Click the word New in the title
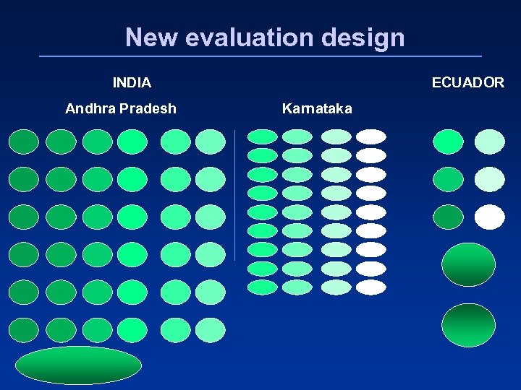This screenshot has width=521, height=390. (151, 37)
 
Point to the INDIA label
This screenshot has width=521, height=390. (132, 83)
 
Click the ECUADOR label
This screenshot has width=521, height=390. (467, 83)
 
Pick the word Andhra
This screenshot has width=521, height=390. (90, 109)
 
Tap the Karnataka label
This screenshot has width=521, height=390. (317, 109)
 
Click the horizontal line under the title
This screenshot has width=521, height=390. (260, 56)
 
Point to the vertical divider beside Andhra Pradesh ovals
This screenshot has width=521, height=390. (235, 195)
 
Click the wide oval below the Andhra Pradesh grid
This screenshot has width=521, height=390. (78, 365)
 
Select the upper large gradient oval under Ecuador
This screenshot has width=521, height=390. (468, 264)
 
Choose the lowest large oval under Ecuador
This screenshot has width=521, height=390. (468, 325)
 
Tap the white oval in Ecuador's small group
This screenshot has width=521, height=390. (489, 217)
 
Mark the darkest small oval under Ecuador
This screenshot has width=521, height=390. (447, 217)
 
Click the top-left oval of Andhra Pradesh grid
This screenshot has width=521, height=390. (23, 142)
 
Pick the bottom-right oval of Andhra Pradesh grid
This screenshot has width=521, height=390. (211, 330)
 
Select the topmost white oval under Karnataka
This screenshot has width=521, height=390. (371, 136)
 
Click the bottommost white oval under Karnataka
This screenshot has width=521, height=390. (371, 287)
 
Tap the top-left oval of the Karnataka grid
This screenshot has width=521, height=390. (262, 136)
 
